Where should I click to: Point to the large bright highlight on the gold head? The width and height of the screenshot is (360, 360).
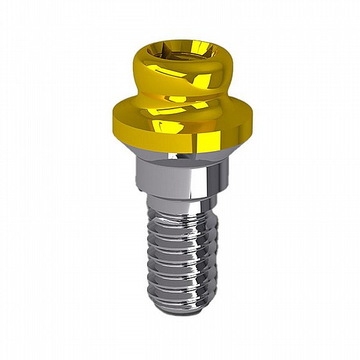tap(199, 80)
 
